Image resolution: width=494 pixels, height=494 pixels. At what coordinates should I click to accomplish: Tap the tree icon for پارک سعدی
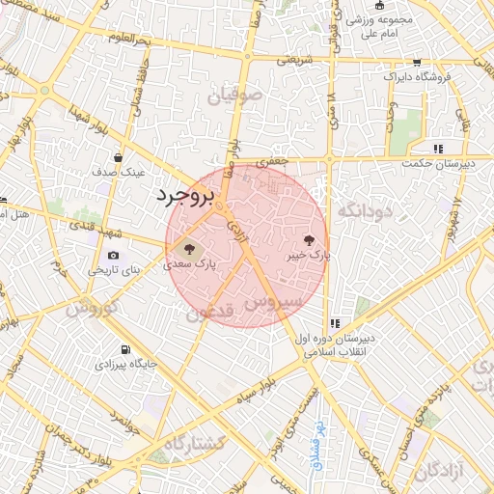pyautogui.click(x=188, y=247)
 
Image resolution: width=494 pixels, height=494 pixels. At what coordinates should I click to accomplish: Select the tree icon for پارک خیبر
pyautogui.click(x=309, y=238)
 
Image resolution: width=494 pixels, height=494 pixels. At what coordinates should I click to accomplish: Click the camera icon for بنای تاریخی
pyautogui.click(x=114, y=255)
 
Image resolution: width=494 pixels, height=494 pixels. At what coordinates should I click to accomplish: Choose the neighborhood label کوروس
pyautogui.click(x=92, y=311)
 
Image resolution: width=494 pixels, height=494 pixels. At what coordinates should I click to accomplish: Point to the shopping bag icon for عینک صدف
pyautogui.click(x=118, y=158)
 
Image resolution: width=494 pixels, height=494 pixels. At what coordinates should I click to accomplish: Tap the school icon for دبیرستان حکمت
pyautogui.click(x=438, y=149)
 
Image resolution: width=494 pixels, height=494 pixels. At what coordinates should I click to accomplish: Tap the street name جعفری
pyautogui.click(x=277, y=162)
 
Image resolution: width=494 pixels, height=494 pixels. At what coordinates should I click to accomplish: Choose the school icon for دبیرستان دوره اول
pyautogui.click(x=334, y=324)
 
